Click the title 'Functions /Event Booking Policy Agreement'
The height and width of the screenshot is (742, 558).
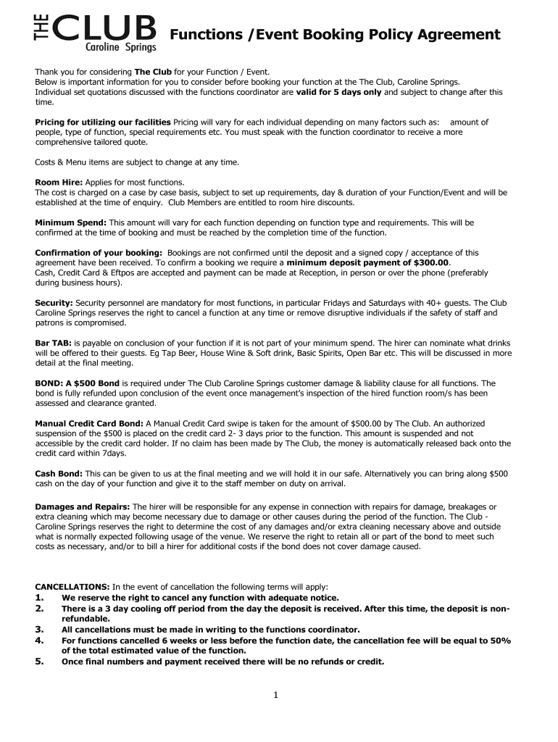pos(335,34)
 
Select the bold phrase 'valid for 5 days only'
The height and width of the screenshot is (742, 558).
pos(338,92)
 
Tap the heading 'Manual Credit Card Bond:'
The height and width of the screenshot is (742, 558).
pos(90,423)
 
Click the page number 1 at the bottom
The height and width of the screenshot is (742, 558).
pos(276,696)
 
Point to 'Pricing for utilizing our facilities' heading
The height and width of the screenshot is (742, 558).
pos(103,122)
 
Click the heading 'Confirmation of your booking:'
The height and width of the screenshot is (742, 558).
pos(99,252)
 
